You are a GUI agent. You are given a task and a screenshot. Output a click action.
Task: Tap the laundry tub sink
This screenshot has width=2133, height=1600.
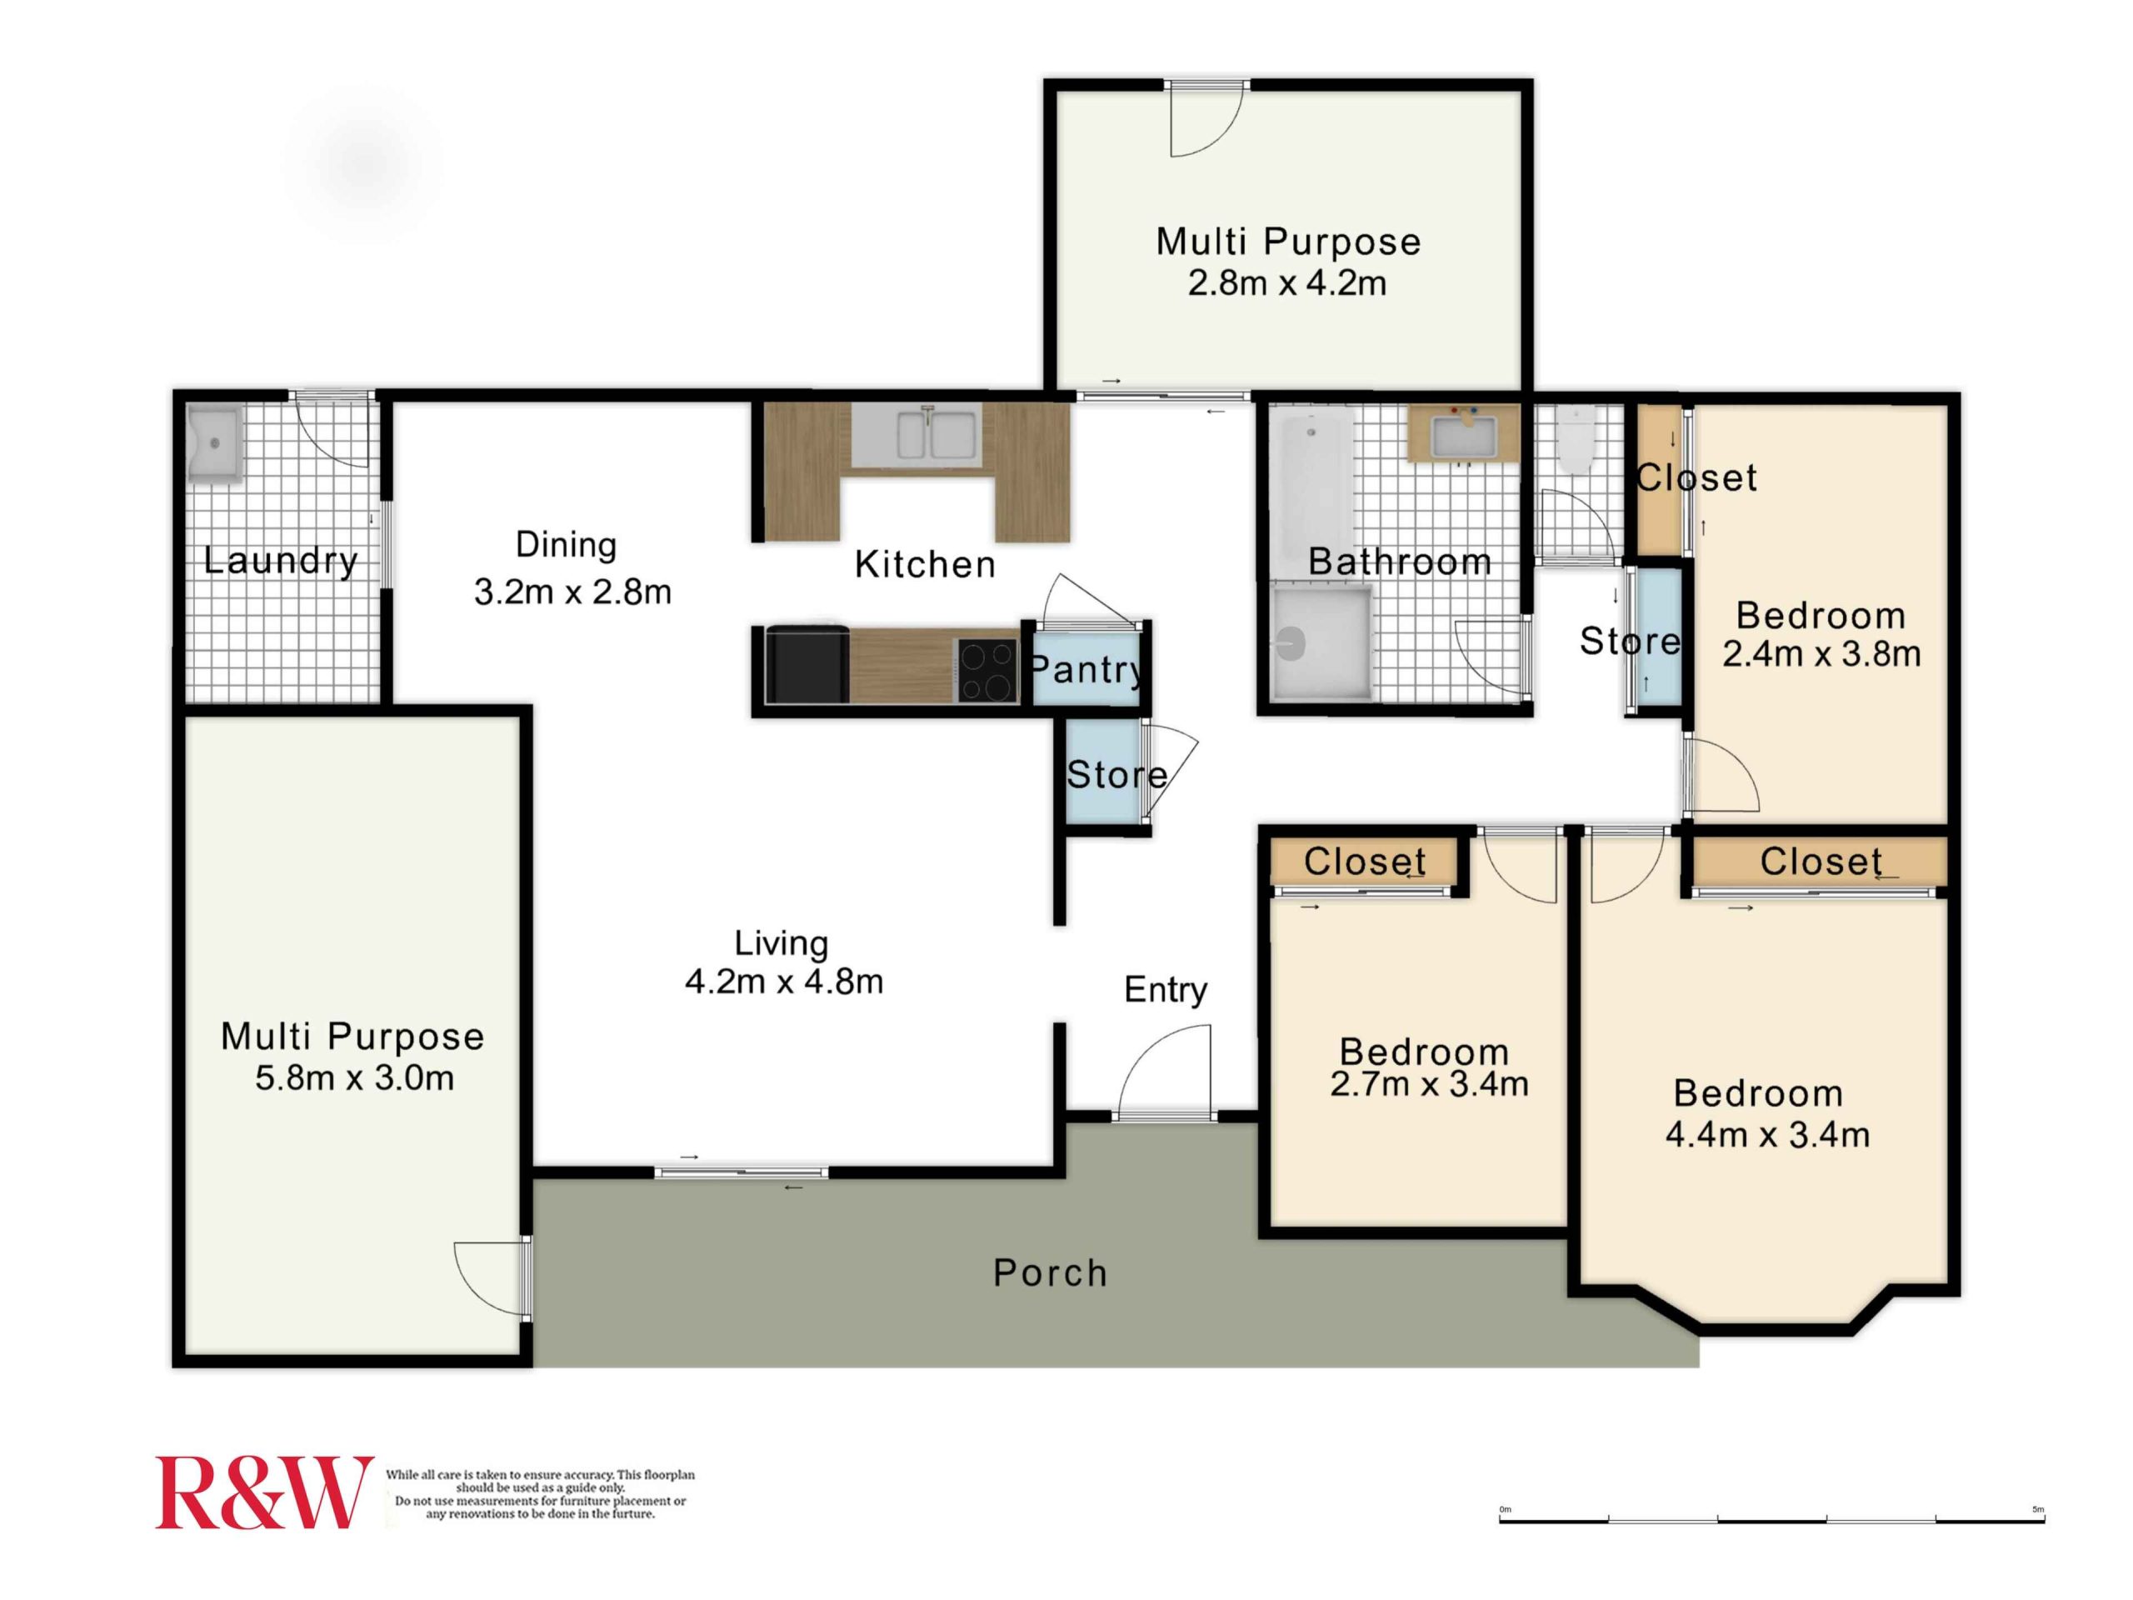pos(215,443)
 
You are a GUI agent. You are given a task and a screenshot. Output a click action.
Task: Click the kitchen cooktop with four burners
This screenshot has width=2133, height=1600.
pos(987,669)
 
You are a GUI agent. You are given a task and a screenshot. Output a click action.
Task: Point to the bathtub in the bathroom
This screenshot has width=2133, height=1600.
pos(1311,492)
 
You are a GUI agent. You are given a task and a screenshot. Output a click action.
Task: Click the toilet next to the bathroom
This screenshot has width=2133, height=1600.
pos(1576,439)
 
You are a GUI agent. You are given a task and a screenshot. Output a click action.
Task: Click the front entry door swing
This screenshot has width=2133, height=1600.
pos(1164,1071)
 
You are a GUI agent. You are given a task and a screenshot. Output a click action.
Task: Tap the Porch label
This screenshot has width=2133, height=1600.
pos(1050,1273)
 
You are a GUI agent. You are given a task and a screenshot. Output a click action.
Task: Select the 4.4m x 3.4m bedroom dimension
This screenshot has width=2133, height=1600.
pos(1767,1135)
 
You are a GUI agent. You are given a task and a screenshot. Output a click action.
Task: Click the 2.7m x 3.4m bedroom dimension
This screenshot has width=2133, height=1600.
pos(1429,1084)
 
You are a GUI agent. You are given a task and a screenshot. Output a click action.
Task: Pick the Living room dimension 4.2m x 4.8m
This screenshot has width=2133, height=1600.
pos(784,982)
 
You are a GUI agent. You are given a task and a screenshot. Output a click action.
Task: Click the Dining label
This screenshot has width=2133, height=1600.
pos(566,545)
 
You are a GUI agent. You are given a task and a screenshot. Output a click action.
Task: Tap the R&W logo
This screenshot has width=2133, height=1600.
pos(264,1492)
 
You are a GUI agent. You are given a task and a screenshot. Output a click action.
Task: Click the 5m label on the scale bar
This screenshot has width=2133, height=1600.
pos(2037,1509)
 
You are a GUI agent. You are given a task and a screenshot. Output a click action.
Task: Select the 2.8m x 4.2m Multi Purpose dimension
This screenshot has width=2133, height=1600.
pos(1287,283)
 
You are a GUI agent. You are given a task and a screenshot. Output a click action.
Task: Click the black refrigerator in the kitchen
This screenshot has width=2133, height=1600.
pos(807,664)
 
